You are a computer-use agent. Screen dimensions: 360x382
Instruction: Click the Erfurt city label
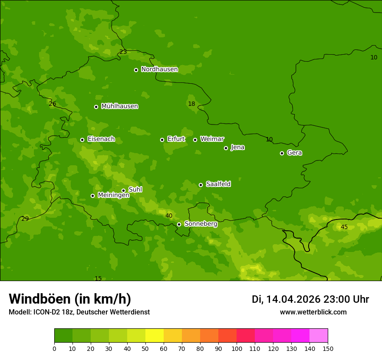(176, 139)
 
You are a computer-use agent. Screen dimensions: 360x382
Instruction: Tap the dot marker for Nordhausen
(136, 70)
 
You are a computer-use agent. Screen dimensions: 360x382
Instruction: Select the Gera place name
(294, 153)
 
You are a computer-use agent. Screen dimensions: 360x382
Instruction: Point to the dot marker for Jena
(226, 148)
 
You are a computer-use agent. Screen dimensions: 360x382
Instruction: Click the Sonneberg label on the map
(201, 224)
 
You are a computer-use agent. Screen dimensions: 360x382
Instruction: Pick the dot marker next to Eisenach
(82, 140)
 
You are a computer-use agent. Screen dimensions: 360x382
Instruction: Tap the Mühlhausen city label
(119, 106)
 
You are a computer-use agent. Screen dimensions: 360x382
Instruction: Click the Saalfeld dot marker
(201, 185)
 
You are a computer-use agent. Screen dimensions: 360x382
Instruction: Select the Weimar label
(212, 139)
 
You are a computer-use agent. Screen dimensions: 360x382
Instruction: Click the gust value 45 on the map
(344, 227)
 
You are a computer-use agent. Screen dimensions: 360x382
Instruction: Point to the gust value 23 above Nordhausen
(123, 52)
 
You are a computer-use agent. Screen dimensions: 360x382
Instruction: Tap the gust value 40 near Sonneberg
(169, 216)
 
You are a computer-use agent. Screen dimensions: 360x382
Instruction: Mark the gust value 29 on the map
(25, 219)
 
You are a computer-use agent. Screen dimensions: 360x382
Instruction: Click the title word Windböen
(40, 299)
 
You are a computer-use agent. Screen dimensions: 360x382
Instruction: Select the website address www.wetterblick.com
(313, 312)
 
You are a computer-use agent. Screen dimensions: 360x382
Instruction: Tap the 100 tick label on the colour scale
(237, 348)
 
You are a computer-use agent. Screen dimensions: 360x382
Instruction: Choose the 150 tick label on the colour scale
(328, 348)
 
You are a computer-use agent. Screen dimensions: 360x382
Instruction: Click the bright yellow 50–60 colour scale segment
(155, 336)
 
